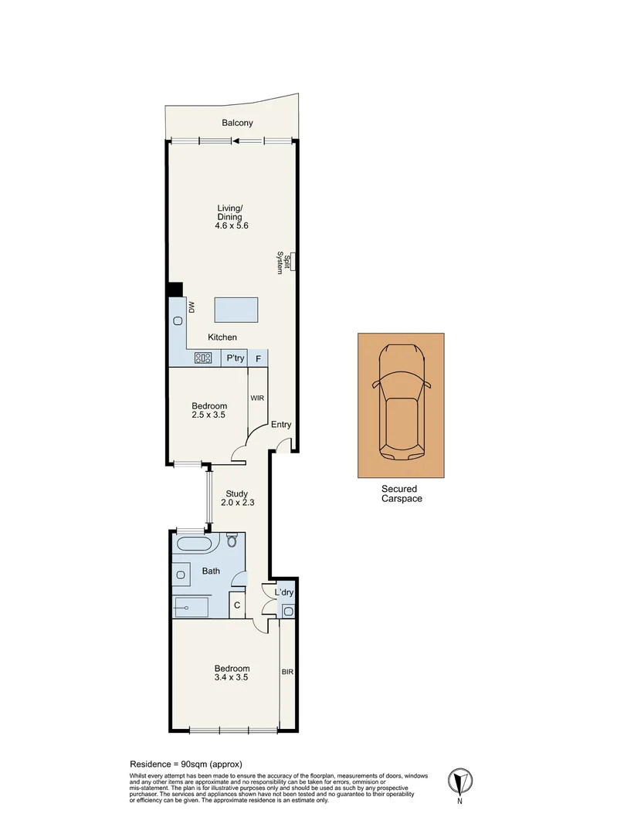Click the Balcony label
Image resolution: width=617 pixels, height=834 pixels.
(237, 123)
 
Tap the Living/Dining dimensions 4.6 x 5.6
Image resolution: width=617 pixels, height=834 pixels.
(232, 225)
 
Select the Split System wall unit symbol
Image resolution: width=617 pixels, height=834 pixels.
(292, 262)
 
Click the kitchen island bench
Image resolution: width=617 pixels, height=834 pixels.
(236, 310)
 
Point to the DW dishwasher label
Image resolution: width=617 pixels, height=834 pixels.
(191, 307)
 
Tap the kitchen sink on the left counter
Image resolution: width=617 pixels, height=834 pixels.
(178, 320)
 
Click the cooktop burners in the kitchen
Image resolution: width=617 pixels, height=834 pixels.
(203, 358)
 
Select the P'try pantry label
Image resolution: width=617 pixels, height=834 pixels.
(235, 358)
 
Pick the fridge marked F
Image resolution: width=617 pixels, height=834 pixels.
(259, 359)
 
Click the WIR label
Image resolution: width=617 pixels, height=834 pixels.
(257, 398)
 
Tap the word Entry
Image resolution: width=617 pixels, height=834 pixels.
(281, 425)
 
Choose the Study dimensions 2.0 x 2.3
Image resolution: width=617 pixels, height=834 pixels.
(237, 502)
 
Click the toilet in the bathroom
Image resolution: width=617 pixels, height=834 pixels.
(232, 541)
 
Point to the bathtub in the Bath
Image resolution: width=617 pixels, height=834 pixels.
(194, 544)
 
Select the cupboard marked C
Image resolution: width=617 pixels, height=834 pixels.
(237, 605)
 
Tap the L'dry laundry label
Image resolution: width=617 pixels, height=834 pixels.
(284, 592)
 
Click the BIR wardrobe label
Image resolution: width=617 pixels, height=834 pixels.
(287, 673)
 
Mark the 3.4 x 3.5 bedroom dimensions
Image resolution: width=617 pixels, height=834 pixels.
(232, 677)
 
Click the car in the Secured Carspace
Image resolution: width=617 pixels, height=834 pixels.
(401, 402)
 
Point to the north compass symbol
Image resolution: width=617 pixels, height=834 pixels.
(460, 781)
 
